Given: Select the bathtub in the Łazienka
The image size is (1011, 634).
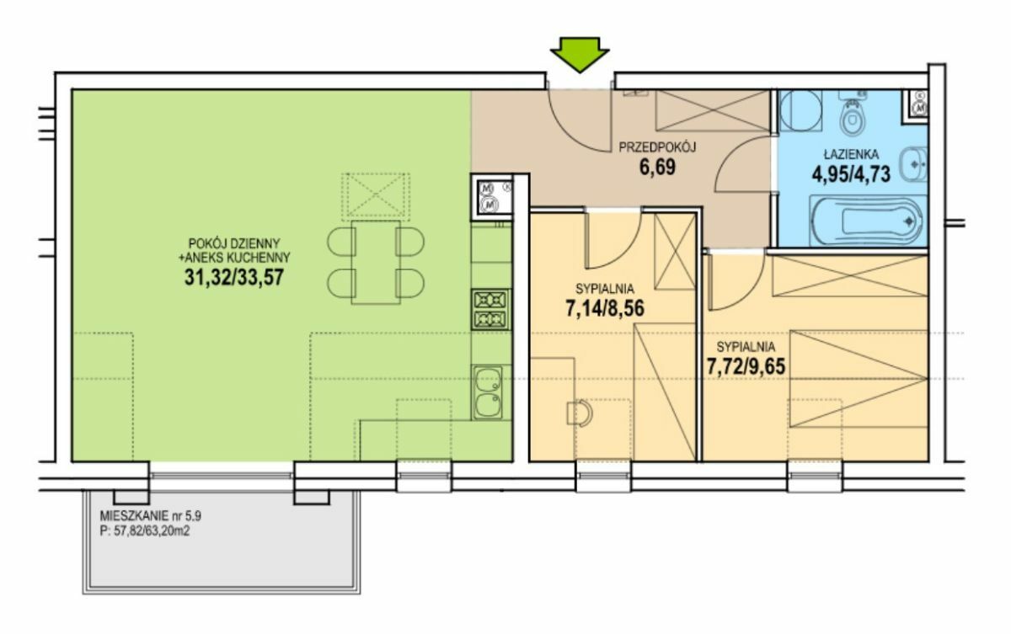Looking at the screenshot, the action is [867, 221].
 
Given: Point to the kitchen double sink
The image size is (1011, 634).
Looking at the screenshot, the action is [488, 392].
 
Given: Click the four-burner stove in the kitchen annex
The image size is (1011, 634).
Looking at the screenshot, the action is [490, 310].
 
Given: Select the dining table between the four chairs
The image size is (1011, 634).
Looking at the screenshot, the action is [376, 262].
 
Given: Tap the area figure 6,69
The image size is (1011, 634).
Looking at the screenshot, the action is [657, 168].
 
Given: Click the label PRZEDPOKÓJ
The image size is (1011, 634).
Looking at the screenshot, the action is [657, 147].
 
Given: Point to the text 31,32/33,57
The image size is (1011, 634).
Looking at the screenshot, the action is [234, 277].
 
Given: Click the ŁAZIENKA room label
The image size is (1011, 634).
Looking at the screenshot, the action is [851, 154].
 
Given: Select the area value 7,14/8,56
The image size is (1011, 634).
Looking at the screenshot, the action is [605, 309].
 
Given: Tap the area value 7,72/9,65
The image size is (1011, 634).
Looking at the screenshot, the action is [746, 366].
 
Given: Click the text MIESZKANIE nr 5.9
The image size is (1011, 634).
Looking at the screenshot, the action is [151, 516].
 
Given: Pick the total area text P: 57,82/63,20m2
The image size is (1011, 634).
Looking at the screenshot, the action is [145, 531].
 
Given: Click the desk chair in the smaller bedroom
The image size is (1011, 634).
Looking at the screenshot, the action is [580, 413].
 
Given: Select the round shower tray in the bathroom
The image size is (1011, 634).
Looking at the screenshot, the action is [801, 111].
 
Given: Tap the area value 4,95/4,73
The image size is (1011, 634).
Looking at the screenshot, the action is [851, 174].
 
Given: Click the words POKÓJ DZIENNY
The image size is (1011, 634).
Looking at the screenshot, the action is [234, 243].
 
